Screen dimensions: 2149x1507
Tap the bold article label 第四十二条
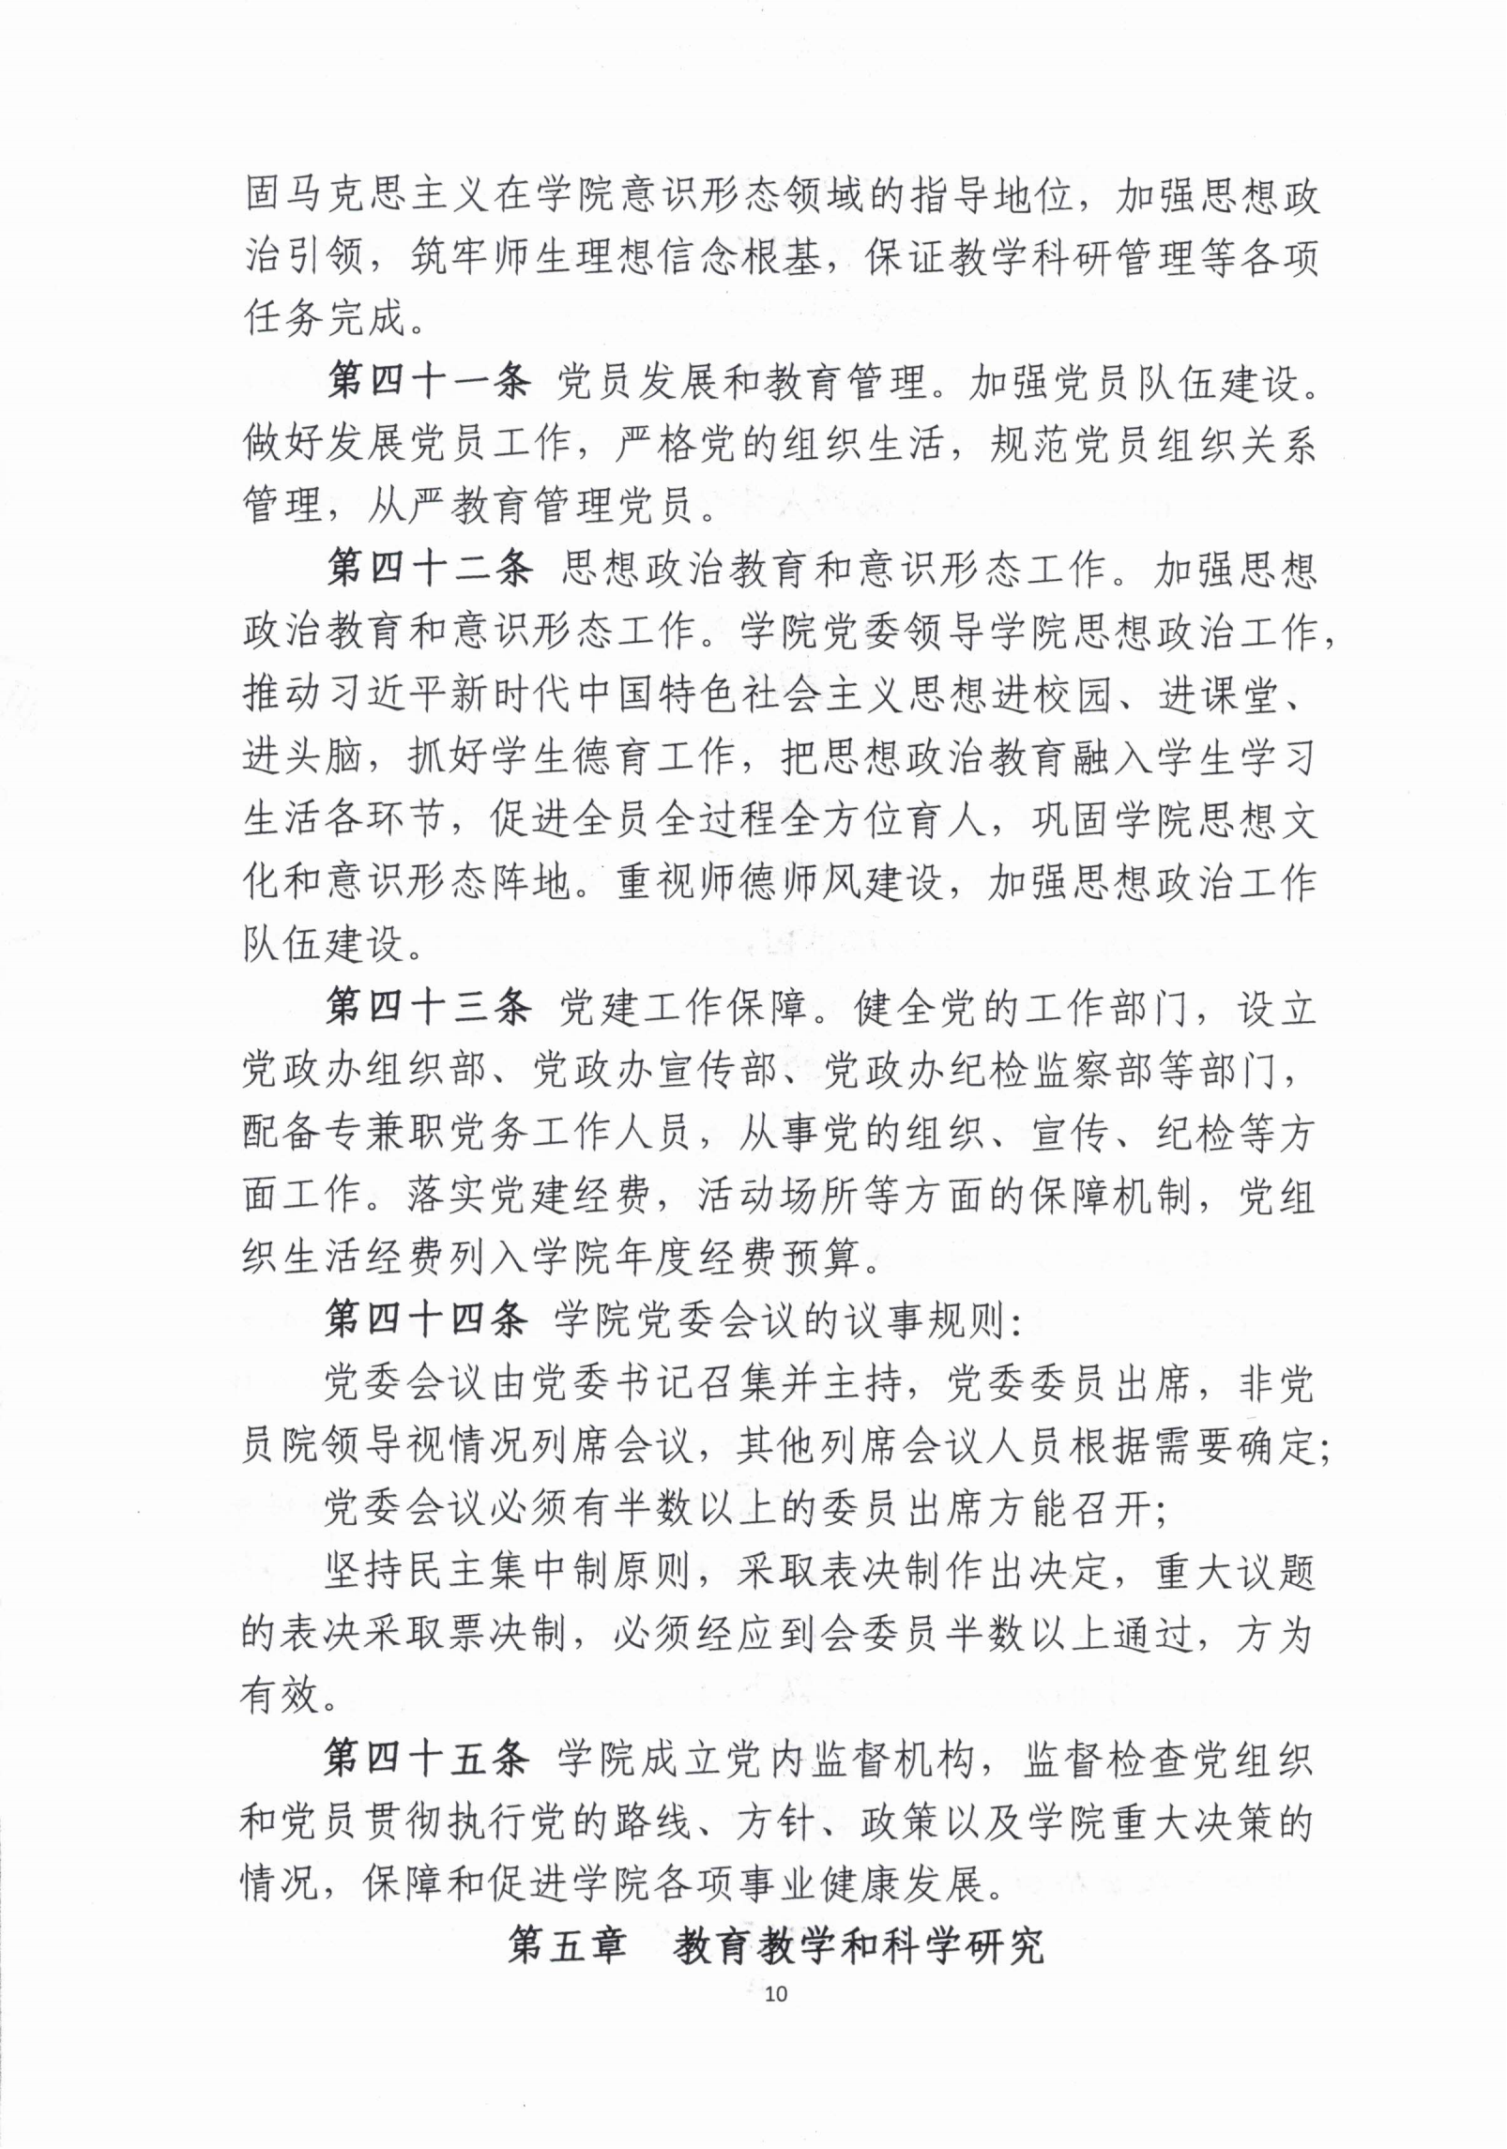tap(429, 569)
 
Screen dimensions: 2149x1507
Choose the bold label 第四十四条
tap(427, 1320)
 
